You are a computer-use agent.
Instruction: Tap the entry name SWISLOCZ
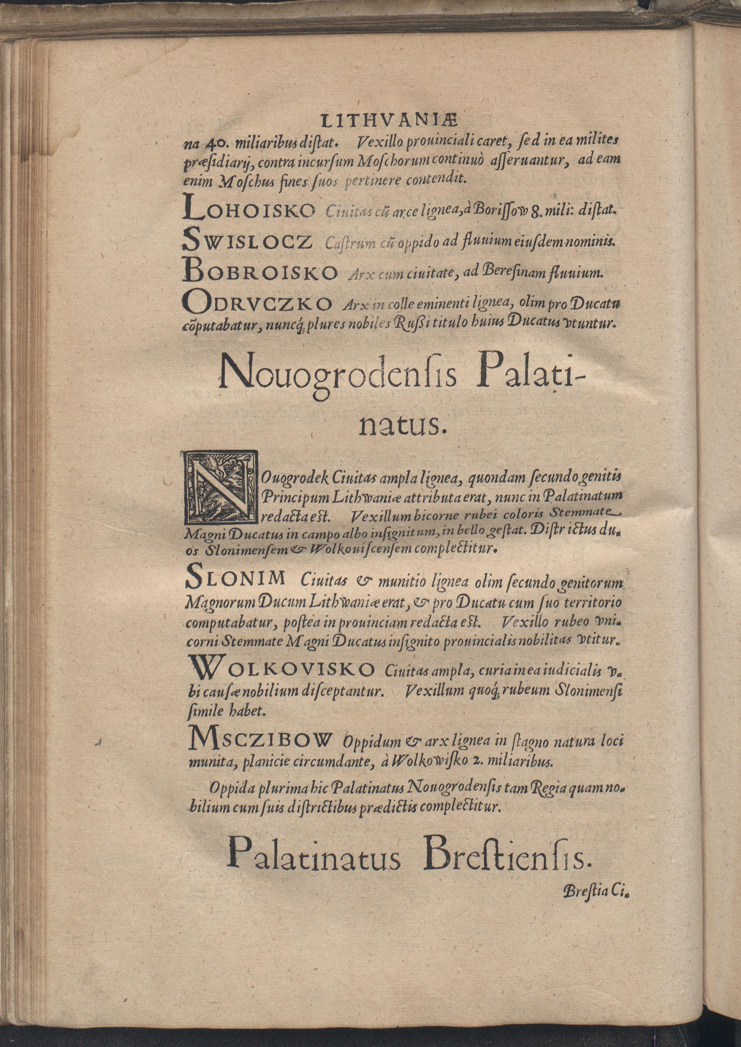tap(247, 242)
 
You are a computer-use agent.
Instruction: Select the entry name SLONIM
tap(236, 580)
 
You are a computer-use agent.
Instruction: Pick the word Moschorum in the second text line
tap(370, 161)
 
